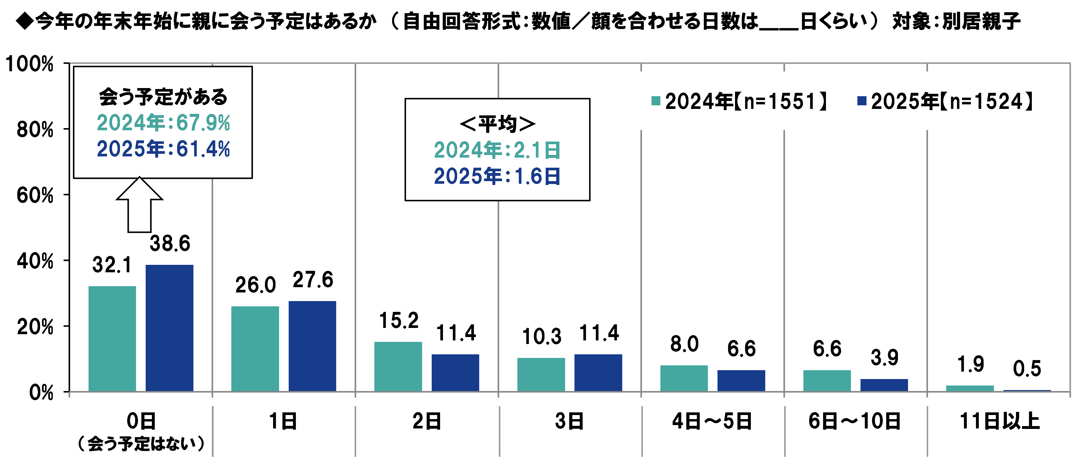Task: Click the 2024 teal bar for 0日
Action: pos(112,338)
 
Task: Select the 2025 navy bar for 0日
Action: pos(169,328)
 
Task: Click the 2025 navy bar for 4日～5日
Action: pos(741,380)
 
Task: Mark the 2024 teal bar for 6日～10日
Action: pos(827,380)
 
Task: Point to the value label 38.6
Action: pos(170,243)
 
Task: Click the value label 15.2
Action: pos(399,321)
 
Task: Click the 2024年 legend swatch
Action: pos(656,101)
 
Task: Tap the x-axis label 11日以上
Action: pos(999,421)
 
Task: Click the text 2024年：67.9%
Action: pos(163,123)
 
